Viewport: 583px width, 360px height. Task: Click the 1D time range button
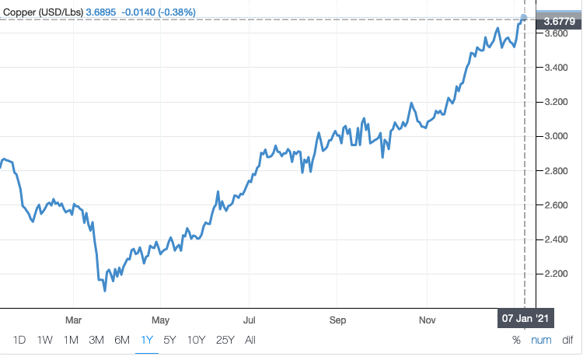[x=20, y=340]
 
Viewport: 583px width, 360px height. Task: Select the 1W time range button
[x=45, y=340]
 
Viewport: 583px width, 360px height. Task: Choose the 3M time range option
[x=96, y=340]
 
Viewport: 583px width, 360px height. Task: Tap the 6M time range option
[x=122, y=340]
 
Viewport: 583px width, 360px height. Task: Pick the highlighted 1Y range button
[x=147, y=340]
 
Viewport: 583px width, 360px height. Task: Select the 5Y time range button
[x=169, y=340]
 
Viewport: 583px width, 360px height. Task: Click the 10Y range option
[x=196, y=340]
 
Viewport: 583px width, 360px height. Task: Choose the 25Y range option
[x=225, y=340]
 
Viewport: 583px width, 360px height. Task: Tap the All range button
[x=250, y=340]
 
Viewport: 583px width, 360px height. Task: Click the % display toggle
[x=516, y=340]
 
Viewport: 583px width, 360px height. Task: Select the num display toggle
[x=541, y=340]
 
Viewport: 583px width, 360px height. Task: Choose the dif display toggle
[x=567, y=340]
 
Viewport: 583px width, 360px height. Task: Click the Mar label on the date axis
[x=73, y=320]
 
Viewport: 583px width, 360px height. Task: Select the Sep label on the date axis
[x=337, y=320]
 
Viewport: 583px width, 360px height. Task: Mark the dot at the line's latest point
[x=524, y=17]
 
